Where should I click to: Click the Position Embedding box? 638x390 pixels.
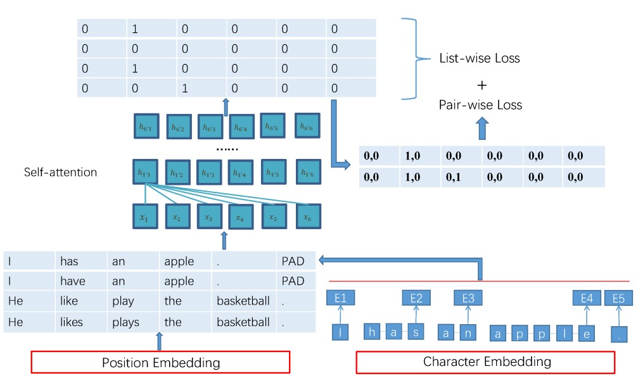pyautogui.click(x=160, y=362)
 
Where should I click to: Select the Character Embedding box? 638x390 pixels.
pyautogui.click(x=486, y=362)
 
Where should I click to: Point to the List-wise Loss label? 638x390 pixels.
pyautogui.click(x=480, y=58)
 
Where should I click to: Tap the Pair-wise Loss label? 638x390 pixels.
pyautogui.click(x=480, y=104)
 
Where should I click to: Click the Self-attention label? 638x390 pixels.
pyautogui.click(x=61, y=172)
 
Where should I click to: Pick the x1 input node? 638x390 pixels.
pyautogui.click(x=145, y=217)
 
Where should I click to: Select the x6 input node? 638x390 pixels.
pyautogui.click(x=308, y=217)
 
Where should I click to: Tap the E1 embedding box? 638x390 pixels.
pyautogui.click(x=341, y=298)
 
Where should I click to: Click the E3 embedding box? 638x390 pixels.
pyautogui.click(x=468, y=298)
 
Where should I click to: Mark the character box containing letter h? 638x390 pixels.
pyautogui.click(x=373, y=332)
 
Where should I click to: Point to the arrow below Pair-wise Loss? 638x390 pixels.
pyautogui.click(x=482, y=129)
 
